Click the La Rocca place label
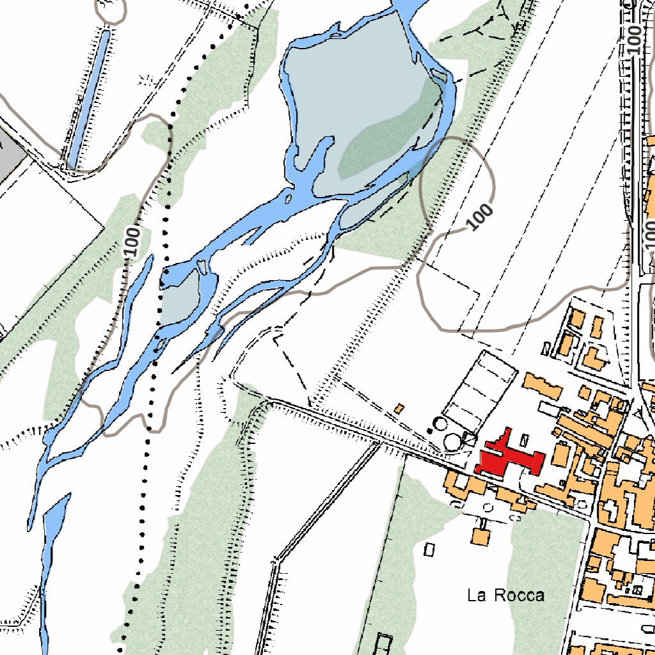pyautogui.click(x=505, y=596)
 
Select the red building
pyautogui.click(x=509, y=457)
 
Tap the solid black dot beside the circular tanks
pyautogui.click(x=430, y=430)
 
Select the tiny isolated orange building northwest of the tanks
pyautogui.click(x=400, y=408)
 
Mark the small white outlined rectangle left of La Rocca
pyautogui.click(x=429, y=549)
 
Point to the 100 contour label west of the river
pyautogui.click(x=132, y=242)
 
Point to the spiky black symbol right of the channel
pyautogui.click(x=146, y=80)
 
